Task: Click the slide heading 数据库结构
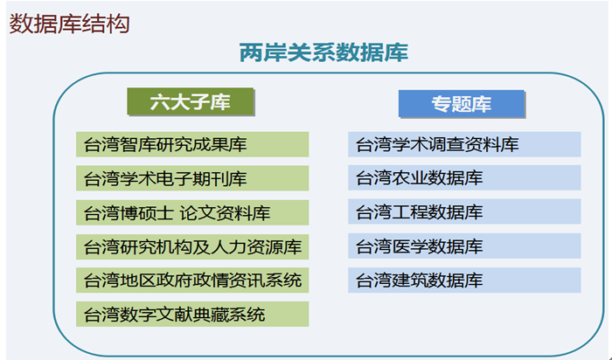[69, 24]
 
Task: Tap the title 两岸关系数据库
[324, 52]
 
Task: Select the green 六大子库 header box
[191, 102]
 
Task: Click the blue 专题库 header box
[462, 104]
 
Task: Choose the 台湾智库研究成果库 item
[192, 144]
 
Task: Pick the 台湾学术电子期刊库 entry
[192, 178]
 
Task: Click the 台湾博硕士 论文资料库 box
[192, 212]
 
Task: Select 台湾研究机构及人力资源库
[192, 246]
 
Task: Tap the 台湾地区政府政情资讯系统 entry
[192, 280]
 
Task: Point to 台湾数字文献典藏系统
[192, 314]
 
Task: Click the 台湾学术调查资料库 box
[464, 144]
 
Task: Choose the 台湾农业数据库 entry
[464, 178]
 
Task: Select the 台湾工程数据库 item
[464, 211]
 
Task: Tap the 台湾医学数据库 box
[464, 246]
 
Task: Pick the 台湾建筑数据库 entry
[464, 280]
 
